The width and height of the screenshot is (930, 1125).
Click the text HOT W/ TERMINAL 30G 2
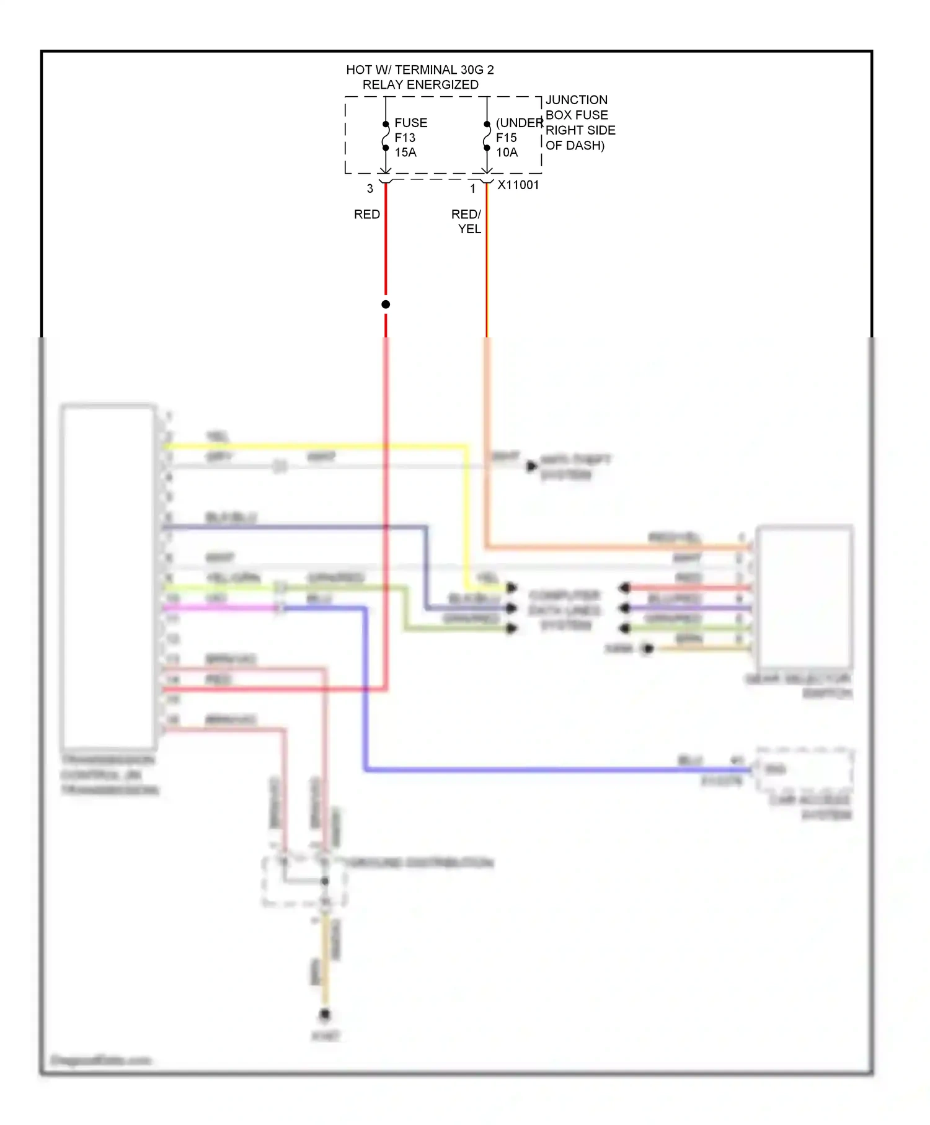(420, 70)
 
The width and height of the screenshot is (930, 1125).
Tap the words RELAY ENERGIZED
(420, 85)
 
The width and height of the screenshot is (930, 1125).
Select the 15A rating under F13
(405, 153)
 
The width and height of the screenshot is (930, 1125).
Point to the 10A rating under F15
(507, 153)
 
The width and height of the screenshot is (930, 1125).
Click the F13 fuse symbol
(386, 136)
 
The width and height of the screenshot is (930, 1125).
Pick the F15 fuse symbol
(487, 136)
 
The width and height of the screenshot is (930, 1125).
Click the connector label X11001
(518, 185)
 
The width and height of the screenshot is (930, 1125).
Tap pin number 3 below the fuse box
(370, 189)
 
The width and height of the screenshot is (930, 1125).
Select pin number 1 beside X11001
(473, 189)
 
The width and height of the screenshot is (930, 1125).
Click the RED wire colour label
(366, 215)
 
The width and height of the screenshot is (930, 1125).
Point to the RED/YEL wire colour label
(467, 221)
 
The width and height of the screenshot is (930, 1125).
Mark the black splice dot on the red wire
(386, 305)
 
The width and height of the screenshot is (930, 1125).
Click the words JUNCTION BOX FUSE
(577, 107)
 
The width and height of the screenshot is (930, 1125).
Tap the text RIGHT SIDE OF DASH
(580, 138)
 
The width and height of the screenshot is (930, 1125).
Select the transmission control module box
(108, 577)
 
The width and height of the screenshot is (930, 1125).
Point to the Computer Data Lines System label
(564, 611)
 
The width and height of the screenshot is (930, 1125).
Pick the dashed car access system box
(804, 769)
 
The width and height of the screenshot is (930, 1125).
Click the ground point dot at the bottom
(325, 1015)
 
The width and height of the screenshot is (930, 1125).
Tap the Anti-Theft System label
(575, 467)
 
